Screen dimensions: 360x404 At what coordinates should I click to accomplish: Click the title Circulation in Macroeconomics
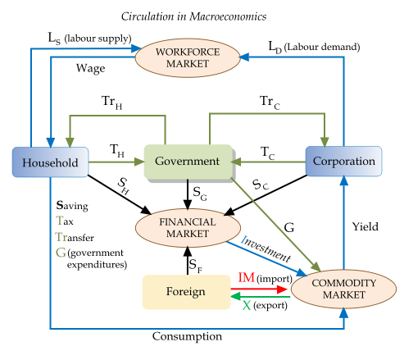pyautogui.click(x=202, y=16)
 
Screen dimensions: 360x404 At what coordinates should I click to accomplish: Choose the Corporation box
pyautogui.click(x=343, y=162)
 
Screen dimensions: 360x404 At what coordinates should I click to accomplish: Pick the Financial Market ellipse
pyautogui.click(x=188, y=227)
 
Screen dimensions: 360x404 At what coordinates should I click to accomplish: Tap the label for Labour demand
pyautogui.click(x=315, y=47)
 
